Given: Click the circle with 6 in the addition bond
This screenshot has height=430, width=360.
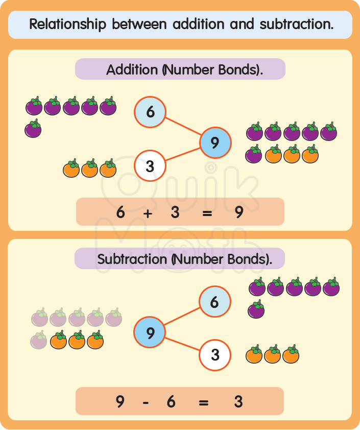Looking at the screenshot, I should [150, 112].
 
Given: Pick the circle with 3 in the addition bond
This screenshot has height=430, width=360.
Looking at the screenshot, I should [150, 165].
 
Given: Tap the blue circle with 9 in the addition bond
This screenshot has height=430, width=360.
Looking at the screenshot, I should [215, 142].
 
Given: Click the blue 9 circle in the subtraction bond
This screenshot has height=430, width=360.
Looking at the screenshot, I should [150, 333].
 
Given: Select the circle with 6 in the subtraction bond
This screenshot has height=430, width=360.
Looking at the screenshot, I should [214, 302].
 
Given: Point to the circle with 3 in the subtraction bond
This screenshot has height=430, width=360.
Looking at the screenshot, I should [214, 354].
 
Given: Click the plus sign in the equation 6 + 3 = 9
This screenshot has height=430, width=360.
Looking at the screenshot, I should [148, 213].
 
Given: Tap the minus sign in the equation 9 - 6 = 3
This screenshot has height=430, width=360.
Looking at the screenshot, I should [146, 402].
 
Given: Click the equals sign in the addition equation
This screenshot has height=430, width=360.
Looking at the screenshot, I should [207, 213].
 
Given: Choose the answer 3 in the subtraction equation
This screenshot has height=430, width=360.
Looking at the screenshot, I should [238, 402].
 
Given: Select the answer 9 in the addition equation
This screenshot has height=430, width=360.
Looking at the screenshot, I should [238, 212].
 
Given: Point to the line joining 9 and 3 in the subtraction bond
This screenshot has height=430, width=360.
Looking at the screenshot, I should [182, 344].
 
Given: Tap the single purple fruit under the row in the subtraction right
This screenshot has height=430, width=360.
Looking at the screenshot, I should [256, 309].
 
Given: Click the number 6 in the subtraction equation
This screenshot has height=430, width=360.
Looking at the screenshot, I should [171, 402].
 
